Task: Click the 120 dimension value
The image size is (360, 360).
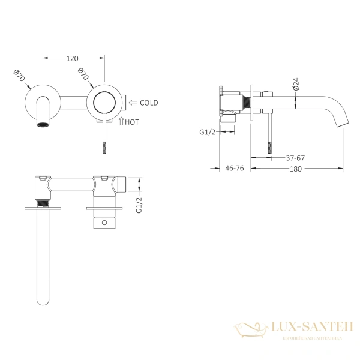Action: pos(73,59)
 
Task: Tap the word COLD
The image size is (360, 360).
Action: pos(148,103)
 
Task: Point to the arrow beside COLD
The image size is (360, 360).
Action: pos(133,103)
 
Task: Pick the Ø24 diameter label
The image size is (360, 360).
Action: pos(296,84)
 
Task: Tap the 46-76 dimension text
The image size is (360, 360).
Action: pos(233,169)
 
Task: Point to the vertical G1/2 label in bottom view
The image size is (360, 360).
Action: pos(139,203)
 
